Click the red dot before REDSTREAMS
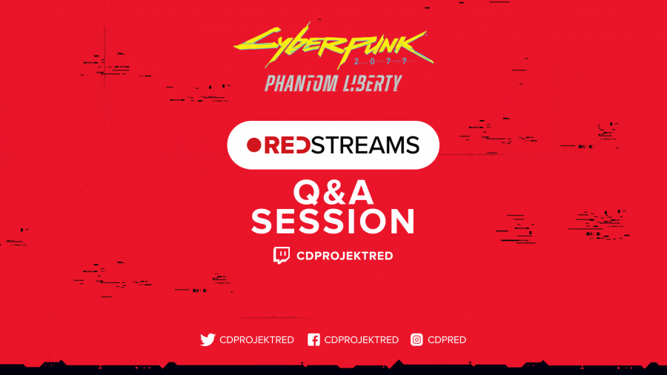pos(254,145)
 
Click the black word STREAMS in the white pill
pos(365,145)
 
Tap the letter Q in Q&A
pos(308,193)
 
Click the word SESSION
pos(333,221)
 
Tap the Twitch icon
pos(281,255)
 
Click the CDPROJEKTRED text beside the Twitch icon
pos(345,256)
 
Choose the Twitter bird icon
pos(208,339)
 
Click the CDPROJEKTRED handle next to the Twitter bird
pos(256,339)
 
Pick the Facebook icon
pos(313,339)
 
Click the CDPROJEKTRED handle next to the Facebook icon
pos(361,339)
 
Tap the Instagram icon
pos(417,339)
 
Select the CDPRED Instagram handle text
pos(447,339)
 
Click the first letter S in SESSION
pos(263,221)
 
